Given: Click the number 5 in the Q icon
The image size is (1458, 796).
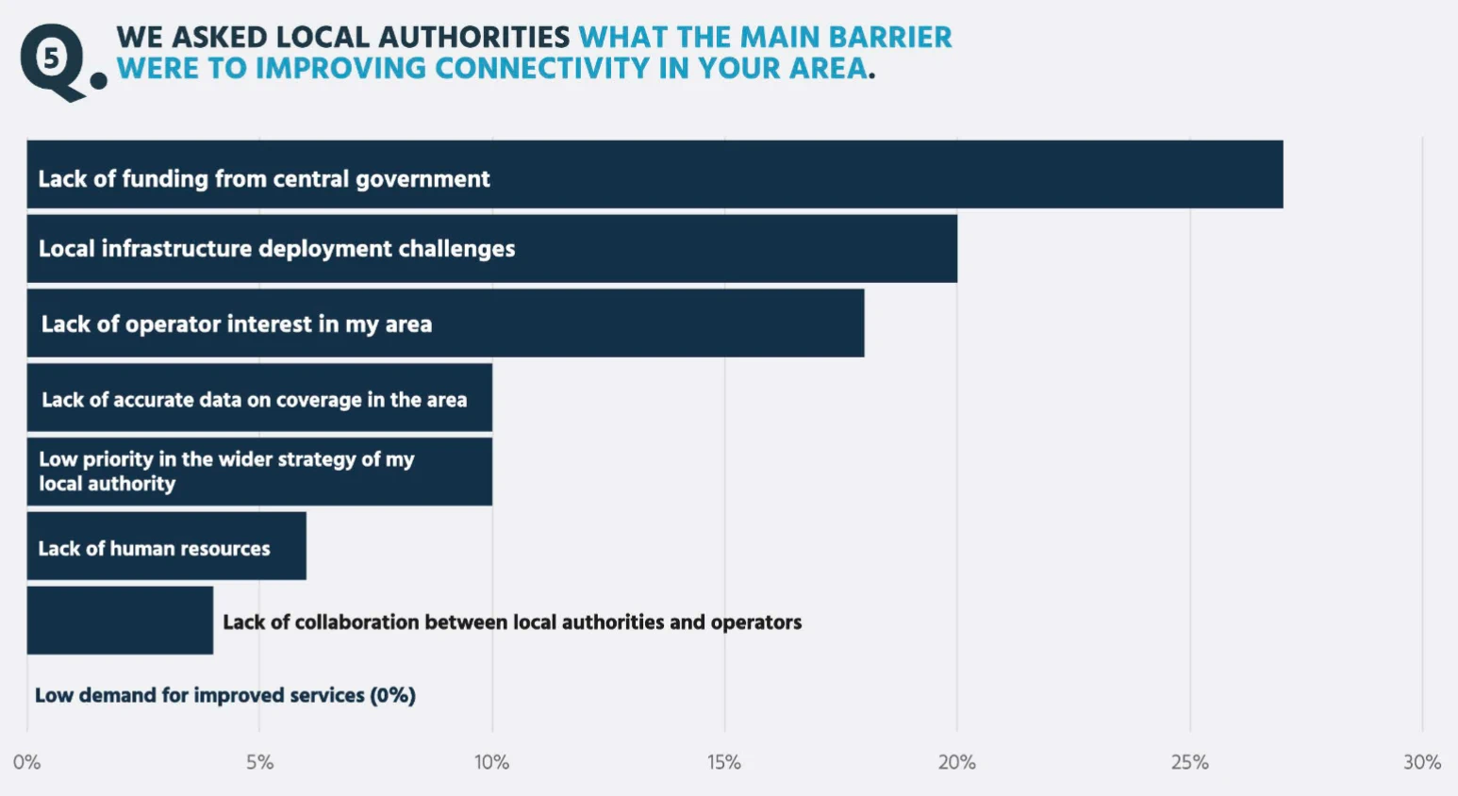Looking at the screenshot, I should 51,58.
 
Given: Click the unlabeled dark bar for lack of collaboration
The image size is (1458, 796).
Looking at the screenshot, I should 120,621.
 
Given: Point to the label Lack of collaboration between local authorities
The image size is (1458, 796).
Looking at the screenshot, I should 512,622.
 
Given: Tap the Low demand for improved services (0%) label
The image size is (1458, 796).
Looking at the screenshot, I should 225,696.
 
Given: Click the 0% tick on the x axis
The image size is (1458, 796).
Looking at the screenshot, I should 26,762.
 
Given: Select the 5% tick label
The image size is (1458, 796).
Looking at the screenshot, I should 259,762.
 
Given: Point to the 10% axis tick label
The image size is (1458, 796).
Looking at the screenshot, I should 491,762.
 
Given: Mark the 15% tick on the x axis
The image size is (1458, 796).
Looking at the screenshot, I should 724,762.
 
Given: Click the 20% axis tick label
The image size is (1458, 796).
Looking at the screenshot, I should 956,762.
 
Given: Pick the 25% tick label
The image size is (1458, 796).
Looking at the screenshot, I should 1189,762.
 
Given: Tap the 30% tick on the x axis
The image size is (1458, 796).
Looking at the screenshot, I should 1421,762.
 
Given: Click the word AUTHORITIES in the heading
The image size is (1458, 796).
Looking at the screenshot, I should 473,37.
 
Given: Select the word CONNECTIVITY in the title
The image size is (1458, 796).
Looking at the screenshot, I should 542,69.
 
